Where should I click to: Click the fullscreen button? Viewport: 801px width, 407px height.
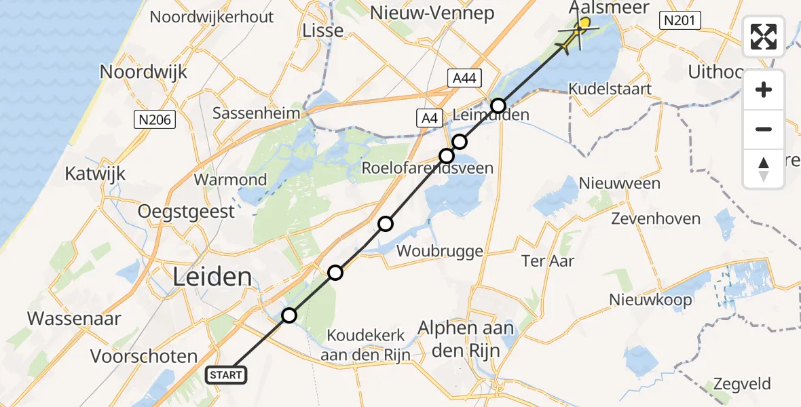[x=764, y=36]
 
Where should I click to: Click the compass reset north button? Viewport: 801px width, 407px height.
[x=764, y=169]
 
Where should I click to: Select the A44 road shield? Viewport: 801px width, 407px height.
[x=464, y=78]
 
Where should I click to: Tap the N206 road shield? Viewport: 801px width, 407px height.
[x=154, y=120]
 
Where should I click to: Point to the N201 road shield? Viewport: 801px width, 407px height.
[x=679, y=21]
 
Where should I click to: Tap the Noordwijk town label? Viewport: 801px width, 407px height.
[x=143, y=71]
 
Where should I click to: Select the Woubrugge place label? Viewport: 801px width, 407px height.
[x=440, y=250]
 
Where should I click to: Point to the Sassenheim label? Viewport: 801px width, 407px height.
[x=257, y=113]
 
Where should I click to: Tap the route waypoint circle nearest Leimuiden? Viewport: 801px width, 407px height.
[x=498, y=106]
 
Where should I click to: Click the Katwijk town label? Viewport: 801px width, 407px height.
[x=95, y=173]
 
